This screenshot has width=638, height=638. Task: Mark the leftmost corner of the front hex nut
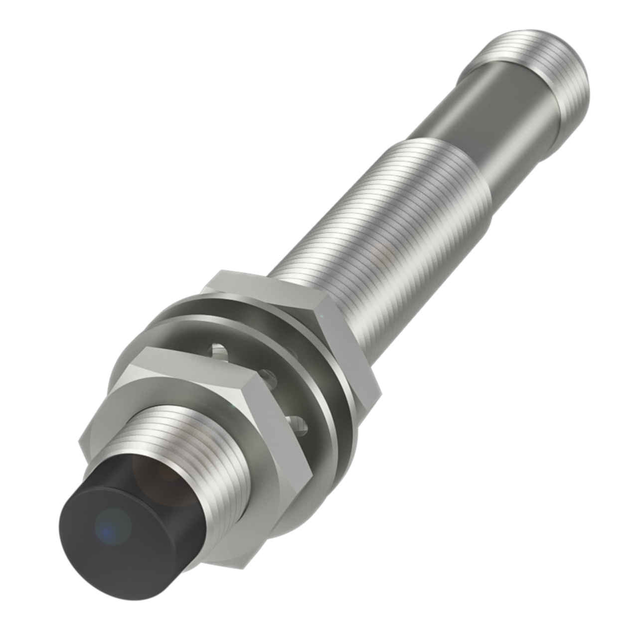80,441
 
